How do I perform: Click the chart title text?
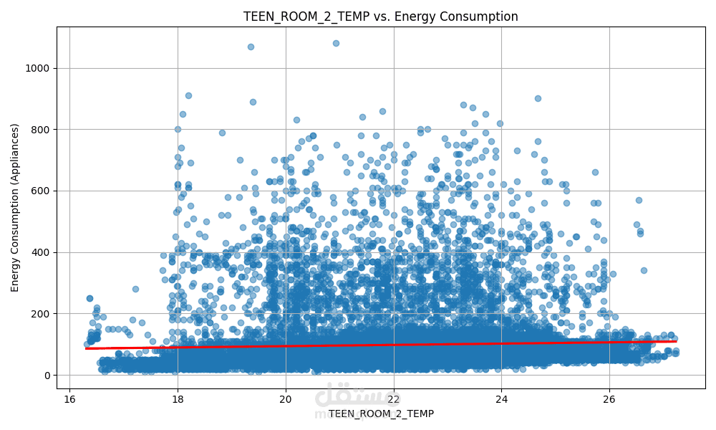click(x=380, y=16)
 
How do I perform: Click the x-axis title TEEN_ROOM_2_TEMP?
click(x=381, y=414)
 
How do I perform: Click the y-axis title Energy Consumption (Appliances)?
click(x=15, y=208)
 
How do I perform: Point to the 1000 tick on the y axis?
click(x=39, y=68)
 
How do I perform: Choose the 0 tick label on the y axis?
click(x=48, y=375)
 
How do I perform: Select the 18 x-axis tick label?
click(x=178, y=398)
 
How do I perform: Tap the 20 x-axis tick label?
click(x=286, y=398)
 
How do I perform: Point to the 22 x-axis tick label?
click(x=394, y=398)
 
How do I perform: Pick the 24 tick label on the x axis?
click(x=501, y=398)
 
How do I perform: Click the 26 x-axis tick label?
click(x=609, y=398)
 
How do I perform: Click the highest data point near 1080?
click(x=336, y=43)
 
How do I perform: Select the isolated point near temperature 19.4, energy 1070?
click(x=251, y=47)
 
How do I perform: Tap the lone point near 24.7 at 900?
click(x=538, y=98)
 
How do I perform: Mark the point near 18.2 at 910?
click(x=188, y=95)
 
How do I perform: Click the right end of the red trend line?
click(x=675, y=341)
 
